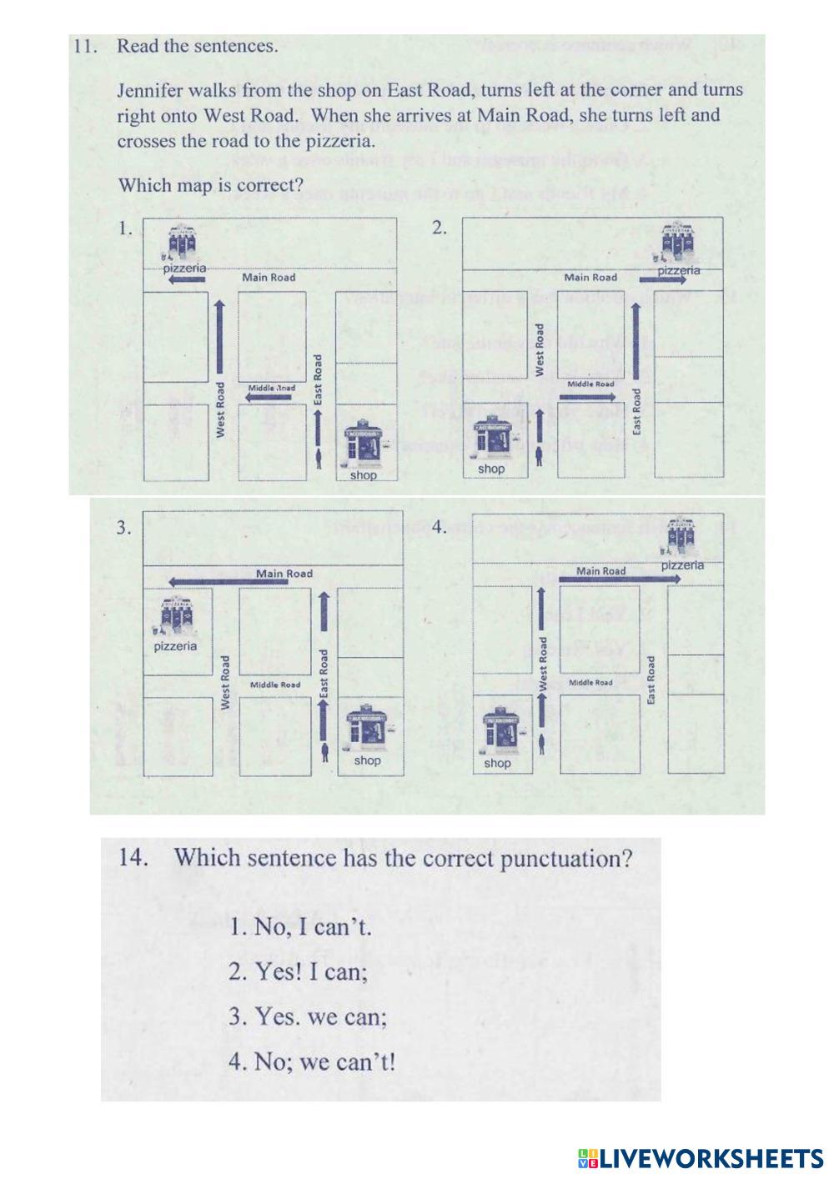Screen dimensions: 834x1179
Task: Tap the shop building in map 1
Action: [365, 444]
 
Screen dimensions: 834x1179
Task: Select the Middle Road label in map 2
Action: [590, 384]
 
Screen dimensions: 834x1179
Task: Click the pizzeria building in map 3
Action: [176, 618]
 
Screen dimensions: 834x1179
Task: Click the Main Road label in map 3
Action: [284, 574]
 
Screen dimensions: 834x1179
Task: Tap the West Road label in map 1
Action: [220, 409]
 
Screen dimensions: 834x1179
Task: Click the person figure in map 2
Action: [540, 455]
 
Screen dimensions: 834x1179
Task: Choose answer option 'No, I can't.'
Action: [300, 927]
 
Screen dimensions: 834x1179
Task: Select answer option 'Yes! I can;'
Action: [299, 971]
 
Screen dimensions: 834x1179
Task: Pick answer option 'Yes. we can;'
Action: [308, 1017]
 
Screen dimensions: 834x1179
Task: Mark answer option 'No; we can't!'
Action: [312, 1062]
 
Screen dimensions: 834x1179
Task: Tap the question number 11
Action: [85, 47]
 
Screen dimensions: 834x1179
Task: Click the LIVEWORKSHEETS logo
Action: [700, 1157]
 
